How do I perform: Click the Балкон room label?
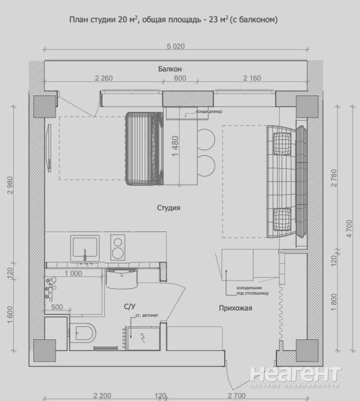tap(170, 69)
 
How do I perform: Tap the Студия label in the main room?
tap(169, 208)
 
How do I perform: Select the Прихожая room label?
tap(236, 308)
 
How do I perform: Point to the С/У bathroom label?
tap(130, 307)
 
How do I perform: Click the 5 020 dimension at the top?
tap(175, 46)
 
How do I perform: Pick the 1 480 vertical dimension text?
tap(175, 147)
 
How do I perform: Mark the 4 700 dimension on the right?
tap(349, 228)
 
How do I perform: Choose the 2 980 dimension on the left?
tap(10, 185)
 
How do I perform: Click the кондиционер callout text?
tap(209, 111)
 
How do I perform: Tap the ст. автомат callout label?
tap(147, 315)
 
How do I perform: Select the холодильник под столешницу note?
tap(253, 291)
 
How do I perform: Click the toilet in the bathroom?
tap(83, 333)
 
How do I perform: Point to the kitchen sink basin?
tap(85, 247)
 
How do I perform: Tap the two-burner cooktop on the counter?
tap(118, 247)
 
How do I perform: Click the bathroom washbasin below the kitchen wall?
tap(122, 278)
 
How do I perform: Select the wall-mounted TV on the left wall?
tap(50, 147)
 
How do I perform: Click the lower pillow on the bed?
tap(282, 219)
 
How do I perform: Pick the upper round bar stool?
tap(206, 139)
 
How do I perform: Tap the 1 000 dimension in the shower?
tap(73, 273)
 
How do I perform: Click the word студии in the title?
tap(103, 20)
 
